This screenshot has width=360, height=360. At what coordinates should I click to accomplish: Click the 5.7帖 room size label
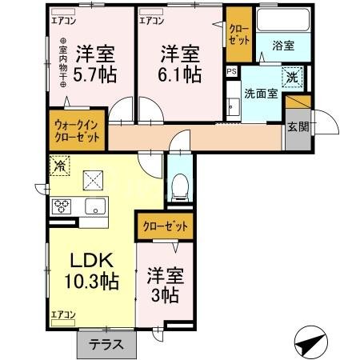tap(94, 77)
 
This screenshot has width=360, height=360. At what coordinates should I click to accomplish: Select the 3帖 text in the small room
tap(166, 294)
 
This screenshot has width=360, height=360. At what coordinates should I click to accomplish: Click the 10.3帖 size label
tap(91, 282)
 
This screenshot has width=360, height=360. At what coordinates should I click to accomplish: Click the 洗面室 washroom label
tap(261, 93)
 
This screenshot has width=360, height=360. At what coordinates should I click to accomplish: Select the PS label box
tap(232, 72)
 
